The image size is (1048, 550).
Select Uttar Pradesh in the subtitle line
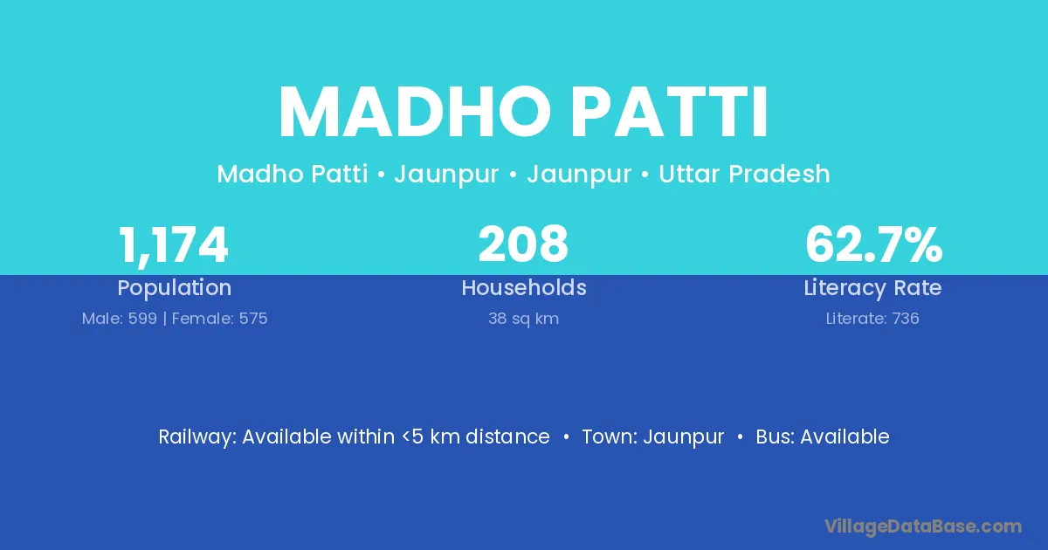744,174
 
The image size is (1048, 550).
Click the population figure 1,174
174,245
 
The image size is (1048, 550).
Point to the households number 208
523,244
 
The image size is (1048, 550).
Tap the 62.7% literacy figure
873,244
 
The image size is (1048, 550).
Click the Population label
175,288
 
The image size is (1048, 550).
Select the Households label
524,287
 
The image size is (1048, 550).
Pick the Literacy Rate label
872,288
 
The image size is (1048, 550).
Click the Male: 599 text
120,319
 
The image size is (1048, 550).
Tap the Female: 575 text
219,319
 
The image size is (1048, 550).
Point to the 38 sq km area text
523,319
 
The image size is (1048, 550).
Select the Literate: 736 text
872,319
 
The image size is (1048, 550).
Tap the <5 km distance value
476,437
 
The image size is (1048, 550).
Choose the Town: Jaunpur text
652,437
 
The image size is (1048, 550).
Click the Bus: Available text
823,437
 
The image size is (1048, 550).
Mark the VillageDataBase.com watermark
923,526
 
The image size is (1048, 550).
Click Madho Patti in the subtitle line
292,174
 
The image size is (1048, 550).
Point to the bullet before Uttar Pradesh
645,175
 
